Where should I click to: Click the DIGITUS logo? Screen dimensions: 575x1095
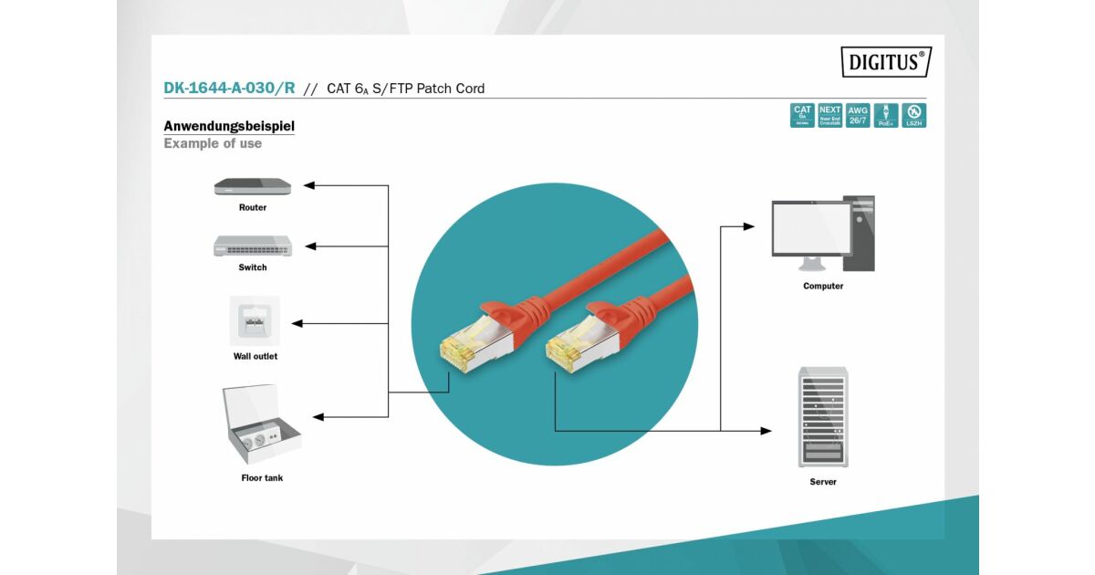point(885,62)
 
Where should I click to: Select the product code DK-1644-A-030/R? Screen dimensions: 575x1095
point(229,89)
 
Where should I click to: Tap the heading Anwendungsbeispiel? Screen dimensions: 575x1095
point(229,126)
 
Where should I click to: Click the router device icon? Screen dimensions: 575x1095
point(253,186)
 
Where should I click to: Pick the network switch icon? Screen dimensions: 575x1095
point(253,246)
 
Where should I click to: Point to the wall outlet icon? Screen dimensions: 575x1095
point(254,320)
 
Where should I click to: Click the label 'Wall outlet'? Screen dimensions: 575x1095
point(255,356)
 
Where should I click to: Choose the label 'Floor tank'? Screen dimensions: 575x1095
point(262,477)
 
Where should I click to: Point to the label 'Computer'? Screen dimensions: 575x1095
point(823,286)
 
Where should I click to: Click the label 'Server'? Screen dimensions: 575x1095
point(822,481)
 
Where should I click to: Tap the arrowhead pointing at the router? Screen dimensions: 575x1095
point(309,185)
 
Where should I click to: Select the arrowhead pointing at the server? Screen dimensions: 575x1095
point(766,431)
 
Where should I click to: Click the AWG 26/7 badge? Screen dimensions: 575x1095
point(858,115)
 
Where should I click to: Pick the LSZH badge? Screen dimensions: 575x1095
point(913,115)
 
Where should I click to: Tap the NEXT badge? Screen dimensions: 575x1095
point(830,115)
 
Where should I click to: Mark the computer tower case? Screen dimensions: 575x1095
point(860,233)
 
